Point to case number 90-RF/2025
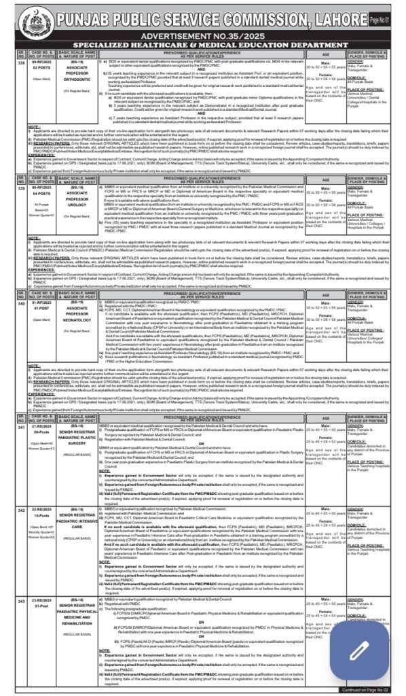[41, 179]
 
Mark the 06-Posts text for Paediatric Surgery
[41, 432]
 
